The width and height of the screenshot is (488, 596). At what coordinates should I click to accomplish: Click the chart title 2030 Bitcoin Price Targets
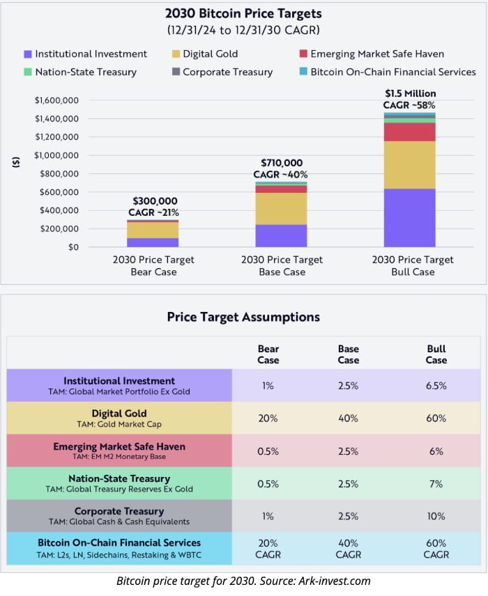[243, 13]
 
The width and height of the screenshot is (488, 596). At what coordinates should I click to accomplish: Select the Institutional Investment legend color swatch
[28, 54]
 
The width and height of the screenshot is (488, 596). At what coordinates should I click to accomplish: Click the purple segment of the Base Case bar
[281, 235]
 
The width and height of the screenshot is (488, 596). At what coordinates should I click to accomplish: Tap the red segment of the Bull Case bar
[409, 132]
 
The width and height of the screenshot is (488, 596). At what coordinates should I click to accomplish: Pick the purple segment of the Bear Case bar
[153, 242]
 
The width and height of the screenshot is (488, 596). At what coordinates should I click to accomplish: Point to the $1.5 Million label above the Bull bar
[409, 93]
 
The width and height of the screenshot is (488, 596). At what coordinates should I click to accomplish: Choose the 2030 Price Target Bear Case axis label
[153, 265]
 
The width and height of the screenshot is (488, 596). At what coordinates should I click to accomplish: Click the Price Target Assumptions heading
[243, 317]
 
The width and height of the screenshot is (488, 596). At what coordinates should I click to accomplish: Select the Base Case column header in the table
[349, 354]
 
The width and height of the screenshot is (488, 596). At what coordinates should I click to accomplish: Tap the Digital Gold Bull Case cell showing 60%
[436, 418]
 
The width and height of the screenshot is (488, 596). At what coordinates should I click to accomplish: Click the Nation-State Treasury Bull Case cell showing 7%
[436, 483]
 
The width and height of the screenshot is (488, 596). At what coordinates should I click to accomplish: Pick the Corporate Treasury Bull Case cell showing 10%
[436, 516]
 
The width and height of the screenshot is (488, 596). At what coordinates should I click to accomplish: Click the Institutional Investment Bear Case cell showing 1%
[268, 386]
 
